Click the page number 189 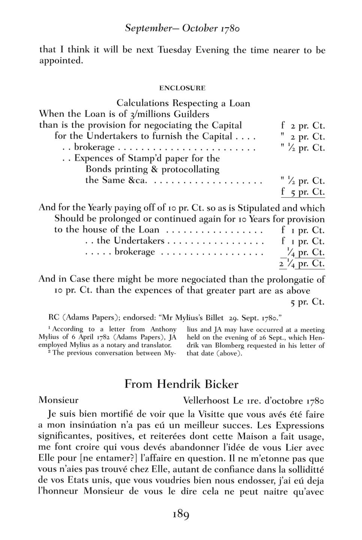point(181,514)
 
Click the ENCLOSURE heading point(182,88)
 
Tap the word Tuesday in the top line point(174,50)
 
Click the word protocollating point(195,169)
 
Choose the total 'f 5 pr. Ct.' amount point(303,192)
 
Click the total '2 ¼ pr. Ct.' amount point(302,263)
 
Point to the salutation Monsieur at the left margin point(59,400)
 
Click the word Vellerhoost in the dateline point(206,400)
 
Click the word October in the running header point(200,28)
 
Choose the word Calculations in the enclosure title point(143,103)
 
